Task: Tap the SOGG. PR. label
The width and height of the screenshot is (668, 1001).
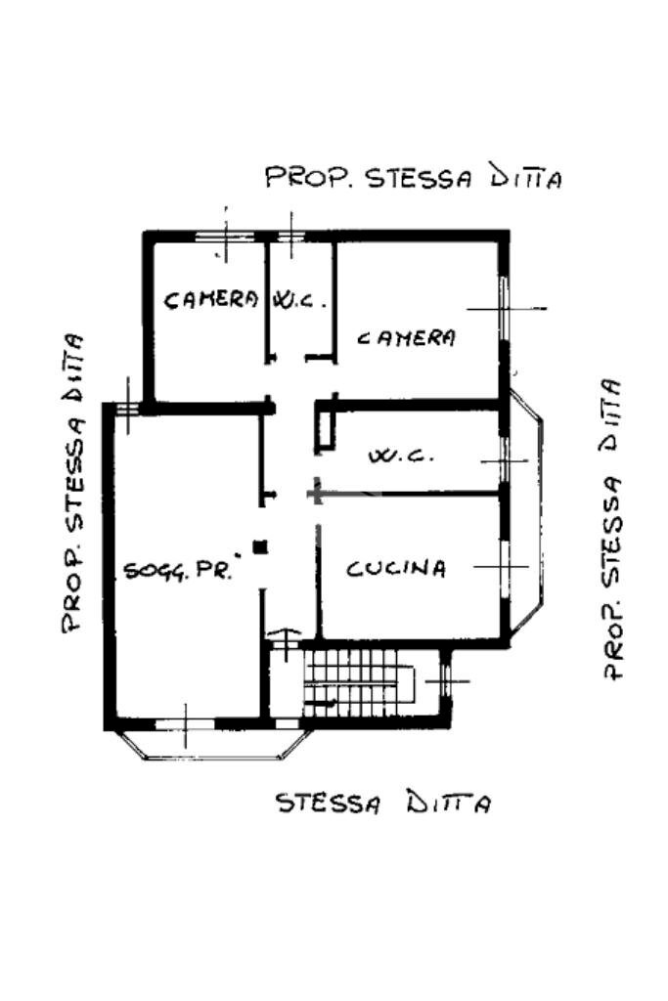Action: click(177, 571)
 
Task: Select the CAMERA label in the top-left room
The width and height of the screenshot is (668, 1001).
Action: click(210, 299)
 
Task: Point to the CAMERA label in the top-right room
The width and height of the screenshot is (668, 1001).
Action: click(406, 338)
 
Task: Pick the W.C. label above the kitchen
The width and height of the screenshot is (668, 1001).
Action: click(396, 456)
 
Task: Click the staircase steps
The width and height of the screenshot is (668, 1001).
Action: click(357, 684)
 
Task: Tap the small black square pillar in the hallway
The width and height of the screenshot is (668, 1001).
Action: click(259, 547)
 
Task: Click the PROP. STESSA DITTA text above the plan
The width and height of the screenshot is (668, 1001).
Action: click(414, 178)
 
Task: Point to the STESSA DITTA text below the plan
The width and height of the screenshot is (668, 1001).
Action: click(382, 804)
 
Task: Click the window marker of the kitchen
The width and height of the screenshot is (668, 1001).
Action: click(504, 566)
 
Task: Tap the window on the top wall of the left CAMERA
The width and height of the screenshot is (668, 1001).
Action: click(224, 236)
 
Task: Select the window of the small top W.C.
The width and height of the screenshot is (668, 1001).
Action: click(289, 236)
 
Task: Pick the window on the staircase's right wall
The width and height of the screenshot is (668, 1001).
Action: click(445, 679)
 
